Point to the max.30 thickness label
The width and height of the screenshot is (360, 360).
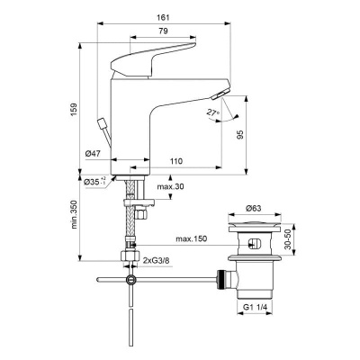(168, 186)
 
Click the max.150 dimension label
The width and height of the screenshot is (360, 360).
(191, 238)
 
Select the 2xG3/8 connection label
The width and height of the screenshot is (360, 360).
(160, 261)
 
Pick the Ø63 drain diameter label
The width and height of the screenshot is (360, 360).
(255, 210)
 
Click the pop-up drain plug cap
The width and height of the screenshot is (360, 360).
(255, 225)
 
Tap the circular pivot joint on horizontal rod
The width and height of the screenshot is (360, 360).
(132, 281)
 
